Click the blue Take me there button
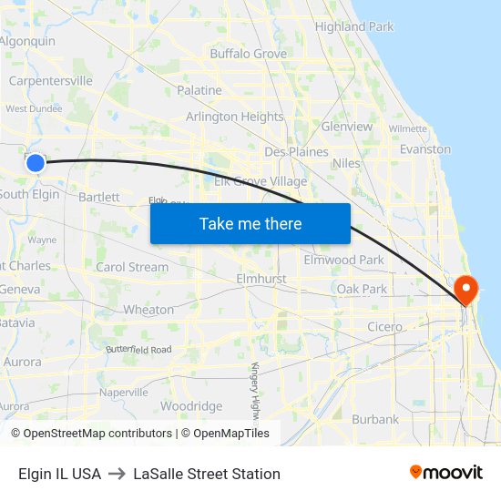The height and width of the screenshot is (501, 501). pos(250,223)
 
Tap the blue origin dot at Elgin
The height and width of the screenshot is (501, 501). pos(35,163)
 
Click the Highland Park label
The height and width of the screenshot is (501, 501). pos(354,26)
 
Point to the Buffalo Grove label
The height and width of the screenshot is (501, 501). pos(248,54)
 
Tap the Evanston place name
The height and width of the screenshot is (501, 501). pos(425,148)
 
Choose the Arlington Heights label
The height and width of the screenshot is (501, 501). pos(235,117)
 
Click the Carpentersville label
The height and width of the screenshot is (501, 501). pos(50,81)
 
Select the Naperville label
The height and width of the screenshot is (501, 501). pos(123,393)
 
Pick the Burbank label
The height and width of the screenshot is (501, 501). pos(375,420)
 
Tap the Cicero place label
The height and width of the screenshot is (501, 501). pos(384,327)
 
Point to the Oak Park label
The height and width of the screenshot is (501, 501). pos(362,289)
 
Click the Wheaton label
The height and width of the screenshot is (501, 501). pos(148,310)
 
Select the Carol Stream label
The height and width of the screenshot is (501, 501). pos(132,267)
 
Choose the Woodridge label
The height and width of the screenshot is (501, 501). pos(191,406)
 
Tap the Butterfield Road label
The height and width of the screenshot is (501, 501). pos(138,350)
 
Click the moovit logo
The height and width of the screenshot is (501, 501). pos(445,473)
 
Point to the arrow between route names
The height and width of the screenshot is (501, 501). pos(118,474)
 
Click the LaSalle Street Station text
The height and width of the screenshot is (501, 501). pos(207,474)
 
